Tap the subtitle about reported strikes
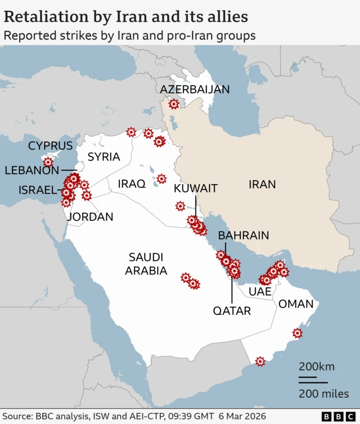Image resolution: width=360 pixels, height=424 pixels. coord(129,35)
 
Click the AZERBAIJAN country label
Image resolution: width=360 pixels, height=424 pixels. coord(195,90)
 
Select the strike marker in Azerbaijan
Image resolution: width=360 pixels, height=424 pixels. coord(174,104)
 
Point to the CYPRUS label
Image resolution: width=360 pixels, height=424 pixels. coord(51,146)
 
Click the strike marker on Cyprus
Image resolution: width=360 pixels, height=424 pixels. coord(48,162)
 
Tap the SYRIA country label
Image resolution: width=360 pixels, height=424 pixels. coord(103,157)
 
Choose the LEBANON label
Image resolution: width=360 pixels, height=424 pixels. coord(31,170)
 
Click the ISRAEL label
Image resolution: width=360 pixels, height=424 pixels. coord(38,190)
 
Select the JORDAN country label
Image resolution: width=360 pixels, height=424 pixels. coord(90,217)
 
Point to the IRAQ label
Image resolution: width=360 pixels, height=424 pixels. coord(132,184)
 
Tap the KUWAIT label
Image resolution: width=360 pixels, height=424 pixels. coord(195,188)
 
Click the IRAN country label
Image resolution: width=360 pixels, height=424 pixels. coord(263,184)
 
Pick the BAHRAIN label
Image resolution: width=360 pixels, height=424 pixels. coord(244,235)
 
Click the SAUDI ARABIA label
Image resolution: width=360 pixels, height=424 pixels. coord(146,264)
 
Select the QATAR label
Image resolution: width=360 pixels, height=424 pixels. coord(232,310)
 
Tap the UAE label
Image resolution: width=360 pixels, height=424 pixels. coord(260,292)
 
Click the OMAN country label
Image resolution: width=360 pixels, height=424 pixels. coord(296,304)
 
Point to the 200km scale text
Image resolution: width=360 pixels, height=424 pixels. coord(316,367)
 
